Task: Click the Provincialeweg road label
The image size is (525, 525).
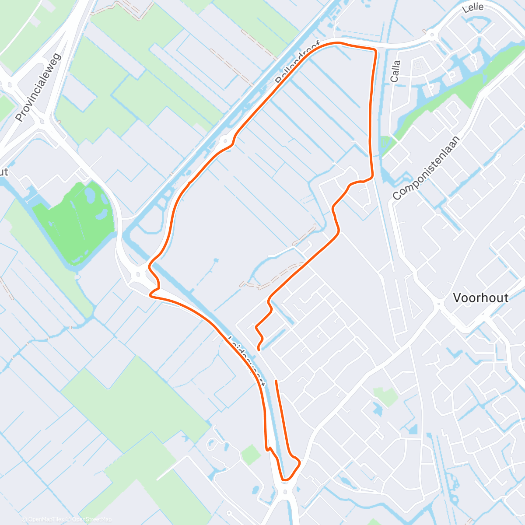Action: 39,88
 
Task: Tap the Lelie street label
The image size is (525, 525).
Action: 473,7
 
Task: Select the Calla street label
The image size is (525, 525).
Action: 395,71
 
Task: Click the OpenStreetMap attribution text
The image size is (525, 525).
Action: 91,519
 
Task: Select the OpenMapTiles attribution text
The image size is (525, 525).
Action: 46,519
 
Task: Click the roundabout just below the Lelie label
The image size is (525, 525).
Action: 432,35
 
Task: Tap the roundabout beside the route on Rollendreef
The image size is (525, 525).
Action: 225,140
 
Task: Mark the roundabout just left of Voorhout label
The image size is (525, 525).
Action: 439,303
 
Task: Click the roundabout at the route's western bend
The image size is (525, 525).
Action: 140,275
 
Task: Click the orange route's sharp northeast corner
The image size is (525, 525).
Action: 375,50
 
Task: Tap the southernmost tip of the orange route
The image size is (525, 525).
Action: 286,480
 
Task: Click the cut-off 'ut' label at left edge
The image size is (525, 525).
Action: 3,172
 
